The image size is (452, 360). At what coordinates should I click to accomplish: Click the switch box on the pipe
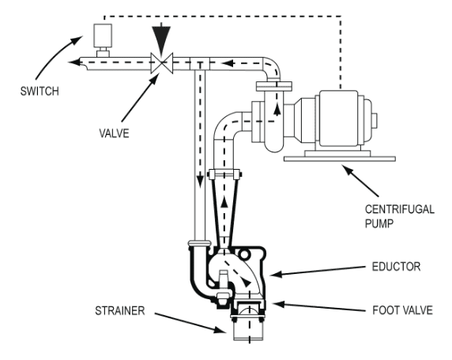(100, 36)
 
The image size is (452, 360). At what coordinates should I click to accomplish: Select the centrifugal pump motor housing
(337, 118)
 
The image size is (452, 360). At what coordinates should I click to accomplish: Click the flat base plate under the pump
(331, 159)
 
